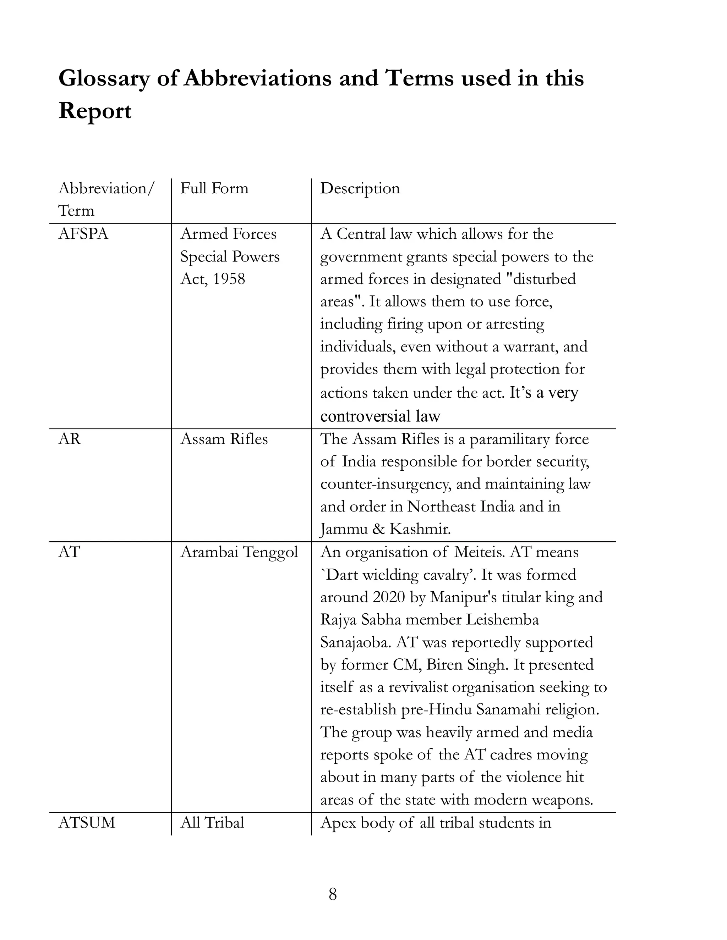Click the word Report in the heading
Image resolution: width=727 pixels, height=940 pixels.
[95, 111]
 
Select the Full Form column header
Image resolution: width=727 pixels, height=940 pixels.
[214, 188]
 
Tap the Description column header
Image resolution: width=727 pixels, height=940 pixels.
[360, 188]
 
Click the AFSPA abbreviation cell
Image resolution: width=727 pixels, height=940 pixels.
[83, 234]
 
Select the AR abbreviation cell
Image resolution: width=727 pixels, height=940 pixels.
[69, 439]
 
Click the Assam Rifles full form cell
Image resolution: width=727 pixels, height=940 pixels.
[224, 439]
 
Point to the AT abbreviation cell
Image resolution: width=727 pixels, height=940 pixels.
[69, 552]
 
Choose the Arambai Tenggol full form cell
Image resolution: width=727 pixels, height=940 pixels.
[239, 552]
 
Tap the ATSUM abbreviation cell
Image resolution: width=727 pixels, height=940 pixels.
[87, 823]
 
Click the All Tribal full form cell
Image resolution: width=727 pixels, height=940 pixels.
[212, 823]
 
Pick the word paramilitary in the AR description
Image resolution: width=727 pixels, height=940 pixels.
[508, 439]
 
